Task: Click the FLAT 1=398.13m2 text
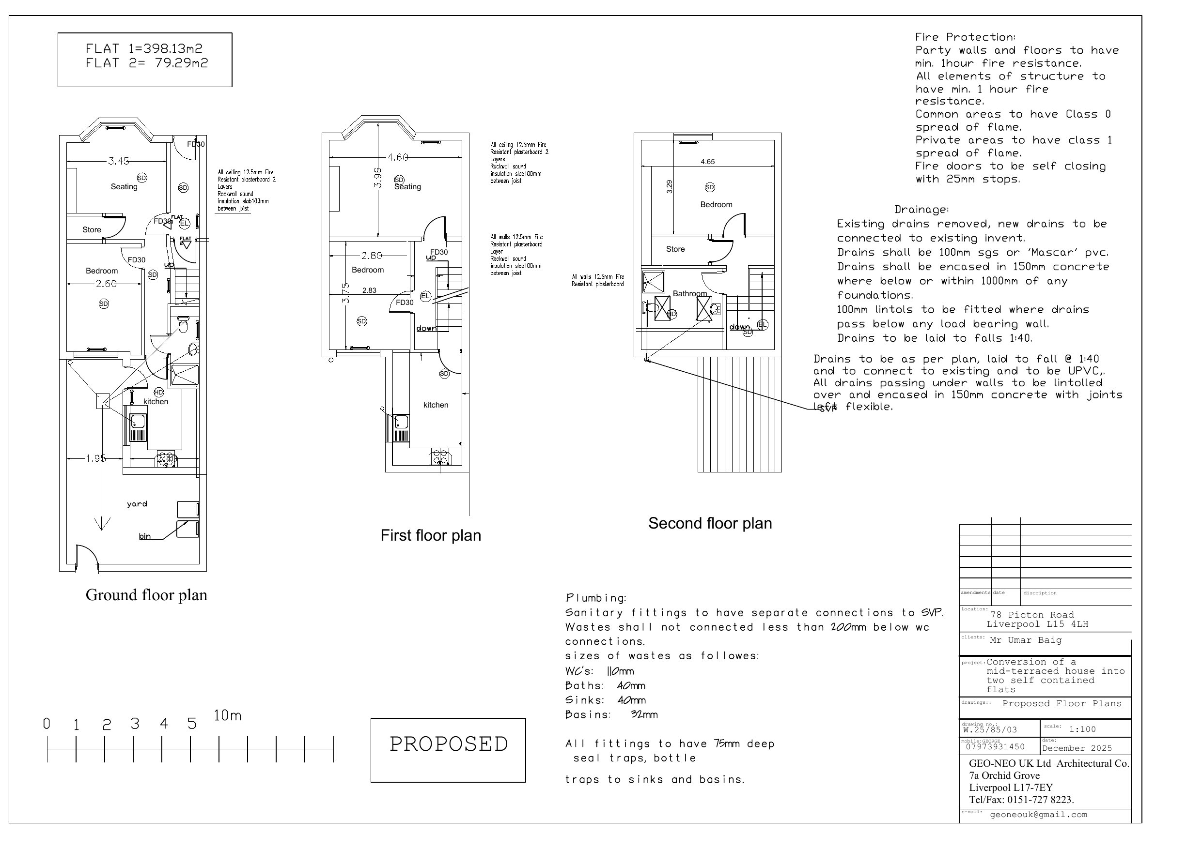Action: (x=144, y=49)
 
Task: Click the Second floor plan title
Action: (x=710, y=524)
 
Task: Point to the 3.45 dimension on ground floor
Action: (x=118, y=161)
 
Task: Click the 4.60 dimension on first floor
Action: (x=397, y=157)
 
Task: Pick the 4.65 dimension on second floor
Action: (x=707, y=162)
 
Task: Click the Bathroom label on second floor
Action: (x=689, y=294)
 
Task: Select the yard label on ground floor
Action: (x=137, y=504)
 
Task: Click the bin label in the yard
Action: (x=144, y=536)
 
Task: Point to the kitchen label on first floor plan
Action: (x=436, y=405)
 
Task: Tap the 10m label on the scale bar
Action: (x=227, y=715)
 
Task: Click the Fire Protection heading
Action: (x=965, y=37)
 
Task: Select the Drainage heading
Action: (x=921, y=210)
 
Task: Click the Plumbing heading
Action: (x=595, y=598)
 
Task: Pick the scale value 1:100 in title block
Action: (x=1082, y=729)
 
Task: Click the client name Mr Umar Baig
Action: (x=1025, y=640)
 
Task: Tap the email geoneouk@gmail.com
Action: (x=1038, y=815)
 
